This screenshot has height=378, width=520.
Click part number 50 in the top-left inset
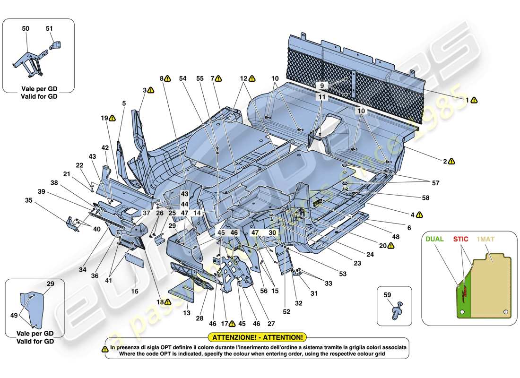[x=26, y=29]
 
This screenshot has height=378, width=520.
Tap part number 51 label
[x=49, y=29]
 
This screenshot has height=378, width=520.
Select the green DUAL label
[x=434, y=239]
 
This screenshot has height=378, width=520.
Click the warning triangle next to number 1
[x=474, y=100]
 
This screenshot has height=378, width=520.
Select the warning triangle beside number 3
[x=151, y=89]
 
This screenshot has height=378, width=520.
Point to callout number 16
[x=135, y=292]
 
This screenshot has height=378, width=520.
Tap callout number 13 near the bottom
[x=186, y=313]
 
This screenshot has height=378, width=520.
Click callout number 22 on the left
[x=79, y=165]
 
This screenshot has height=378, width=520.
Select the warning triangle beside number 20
[x=390, y=246]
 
